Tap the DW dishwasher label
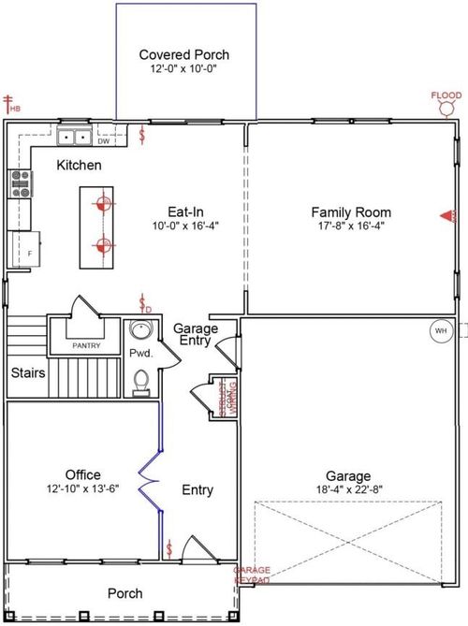pos(103,141)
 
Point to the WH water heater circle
pos(440,329)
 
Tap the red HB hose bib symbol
pos(12,104)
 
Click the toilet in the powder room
pos(141,382)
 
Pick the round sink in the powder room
pos(140,331)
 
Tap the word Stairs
pos(28,373)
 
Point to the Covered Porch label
pos(183,55)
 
